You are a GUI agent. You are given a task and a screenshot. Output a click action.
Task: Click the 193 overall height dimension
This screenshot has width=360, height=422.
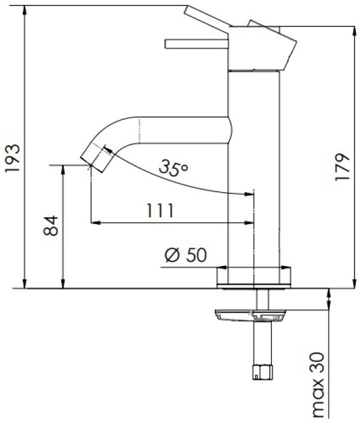pyautogui.click(x=13, y=158)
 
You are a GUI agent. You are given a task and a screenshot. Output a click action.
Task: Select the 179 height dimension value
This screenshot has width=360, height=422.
pyautogui.click(x=343, y=167)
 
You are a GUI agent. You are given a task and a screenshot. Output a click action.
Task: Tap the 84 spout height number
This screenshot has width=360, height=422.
pyautogui.click(x=51, y=226)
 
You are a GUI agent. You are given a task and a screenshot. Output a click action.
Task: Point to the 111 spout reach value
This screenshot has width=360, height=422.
pyautogui.click(x=160, y=211)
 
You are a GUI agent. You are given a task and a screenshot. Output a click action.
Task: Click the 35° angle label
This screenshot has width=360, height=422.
pyautogui.click(x=173, y=168)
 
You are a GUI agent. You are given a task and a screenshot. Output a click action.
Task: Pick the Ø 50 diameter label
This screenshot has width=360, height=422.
pyautogui.click(x=185, y=255)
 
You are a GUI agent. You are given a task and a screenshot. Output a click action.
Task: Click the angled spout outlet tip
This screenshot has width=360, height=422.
pyautogui.click(x=96, y=158)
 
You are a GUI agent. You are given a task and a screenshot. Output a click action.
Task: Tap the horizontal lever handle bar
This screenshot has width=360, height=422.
pyautogui.click(x=197, y=44)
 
